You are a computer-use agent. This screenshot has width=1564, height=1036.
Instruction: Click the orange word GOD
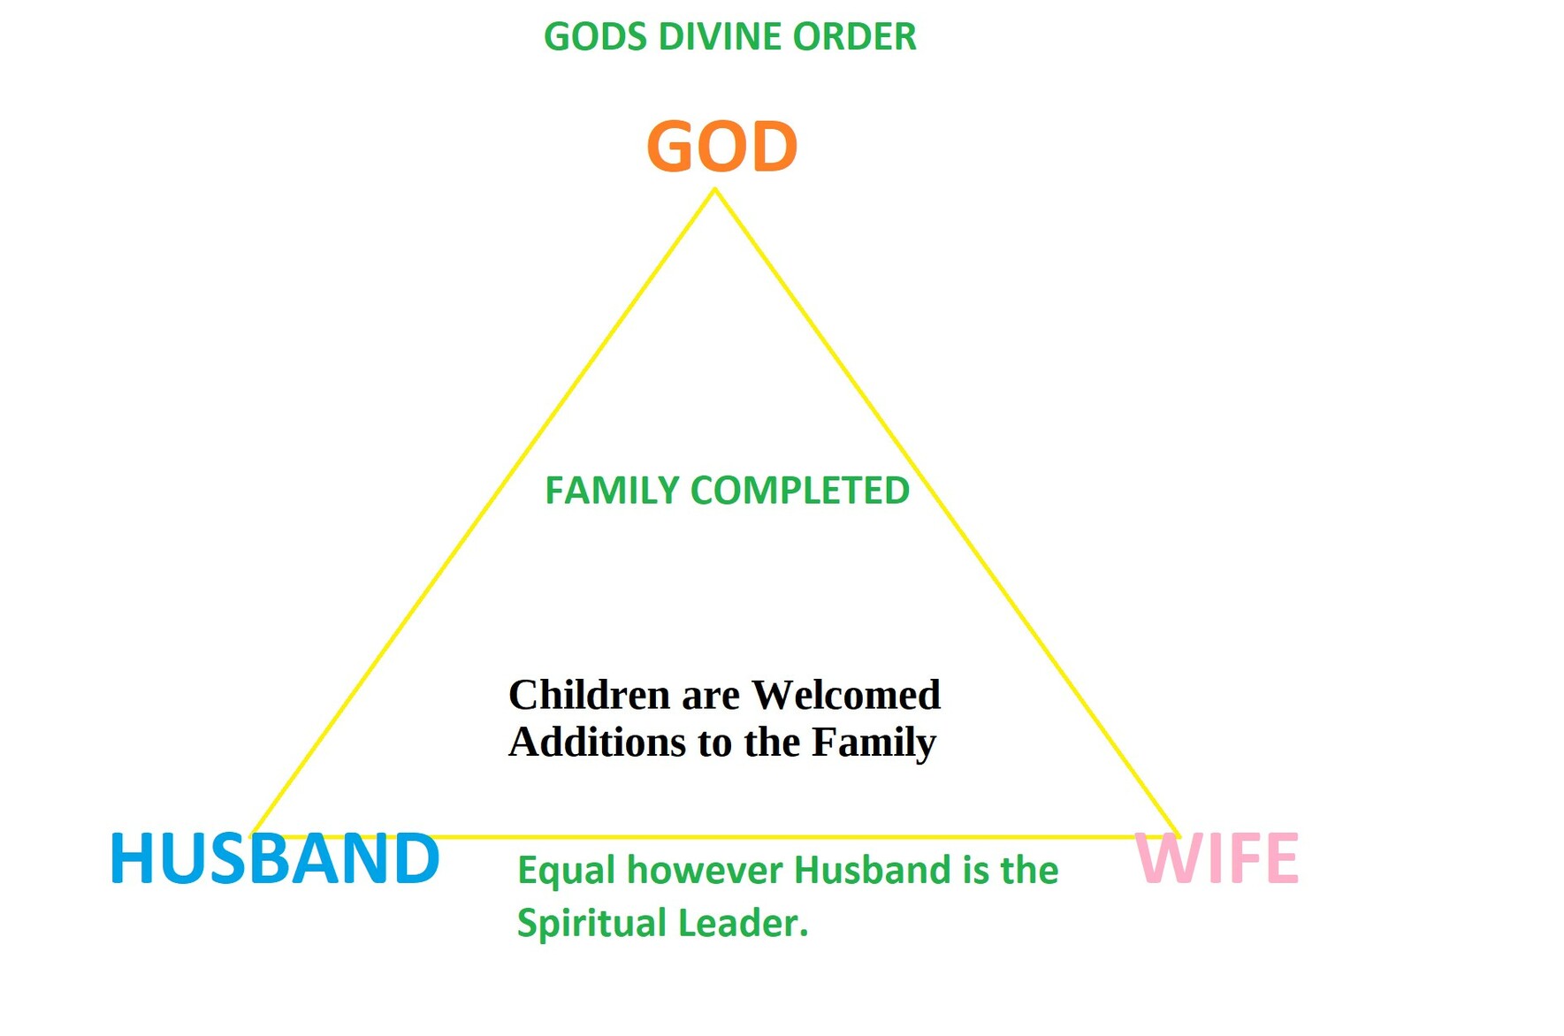[722, 146]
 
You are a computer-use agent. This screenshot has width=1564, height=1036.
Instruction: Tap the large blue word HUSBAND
[274, 858]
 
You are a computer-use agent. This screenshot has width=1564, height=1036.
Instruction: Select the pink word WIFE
[1217, 858]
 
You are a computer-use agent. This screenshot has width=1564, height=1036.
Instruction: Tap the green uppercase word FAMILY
[612, 491]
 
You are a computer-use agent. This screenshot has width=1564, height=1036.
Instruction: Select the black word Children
[589, 695]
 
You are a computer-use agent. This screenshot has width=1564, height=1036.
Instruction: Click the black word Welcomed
[846, 695]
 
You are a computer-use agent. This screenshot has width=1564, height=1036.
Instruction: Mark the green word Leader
[743, 923]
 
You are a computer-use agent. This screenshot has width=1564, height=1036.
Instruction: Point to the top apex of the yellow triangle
[714, 190]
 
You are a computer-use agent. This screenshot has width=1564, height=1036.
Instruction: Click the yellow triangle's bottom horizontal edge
[714, 835]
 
